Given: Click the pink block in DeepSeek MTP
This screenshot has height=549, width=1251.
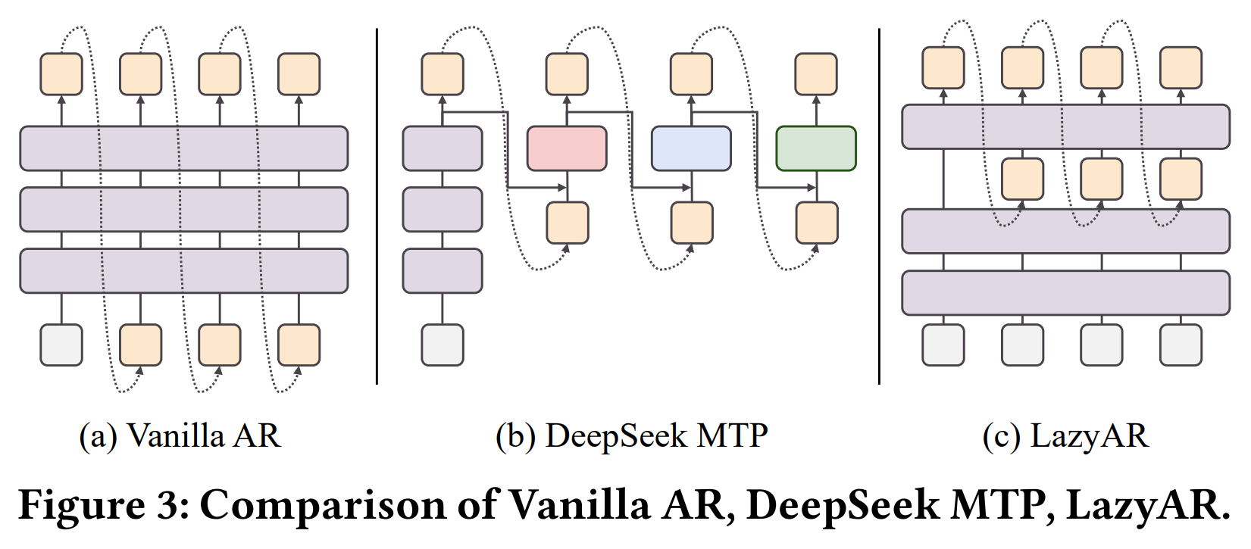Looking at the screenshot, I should [x=567, y=148].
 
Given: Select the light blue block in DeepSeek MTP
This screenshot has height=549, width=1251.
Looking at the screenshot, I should [x=691, y=148].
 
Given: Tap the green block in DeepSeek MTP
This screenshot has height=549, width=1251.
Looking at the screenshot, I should [x=816, y=148].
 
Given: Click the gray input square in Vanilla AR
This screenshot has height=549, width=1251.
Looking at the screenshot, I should [x=61, y=345].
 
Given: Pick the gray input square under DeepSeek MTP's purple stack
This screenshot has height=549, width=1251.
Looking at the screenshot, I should [x=443, y=345].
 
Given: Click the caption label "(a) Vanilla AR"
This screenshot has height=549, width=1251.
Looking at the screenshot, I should [x=180, y=436].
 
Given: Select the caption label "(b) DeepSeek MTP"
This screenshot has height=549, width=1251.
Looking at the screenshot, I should [x=631, y=436].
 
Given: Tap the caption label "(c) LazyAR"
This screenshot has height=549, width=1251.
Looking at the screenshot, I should [x=1065, y=436].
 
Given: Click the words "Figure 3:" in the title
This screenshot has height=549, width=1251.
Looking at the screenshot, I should [x=104, y=505].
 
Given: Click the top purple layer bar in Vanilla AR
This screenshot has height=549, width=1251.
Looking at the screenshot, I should [x=183, y=148].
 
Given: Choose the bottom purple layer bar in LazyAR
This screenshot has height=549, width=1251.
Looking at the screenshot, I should [x=1065, y=292].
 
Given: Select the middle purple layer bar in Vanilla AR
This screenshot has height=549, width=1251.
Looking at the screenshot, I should [x=183, y=209].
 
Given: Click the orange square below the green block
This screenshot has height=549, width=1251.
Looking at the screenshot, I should [x=816, y=223].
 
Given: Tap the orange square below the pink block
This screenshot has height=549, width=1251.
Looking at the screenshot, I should [x=568, y=223].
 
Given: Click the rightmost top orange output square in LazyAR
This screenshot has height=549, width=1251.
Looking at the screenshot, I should [x=1181, y=68].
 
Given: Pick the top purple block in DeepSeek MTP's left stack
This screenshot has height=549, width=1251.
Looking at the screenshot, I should [x=443, y=148].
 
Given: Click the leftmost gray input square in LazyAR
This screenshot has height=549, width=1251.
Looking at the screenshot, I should [x=943, y=345].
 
